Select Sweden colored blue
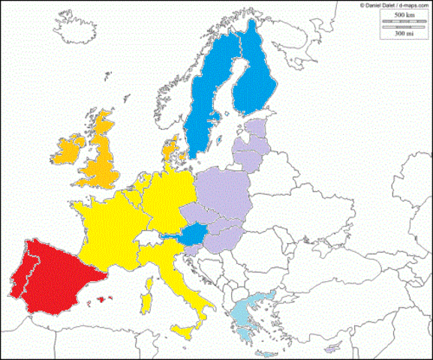point(207,112)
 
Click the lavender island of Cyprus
point(330,348)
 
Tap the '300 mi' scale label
point(393,34)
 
